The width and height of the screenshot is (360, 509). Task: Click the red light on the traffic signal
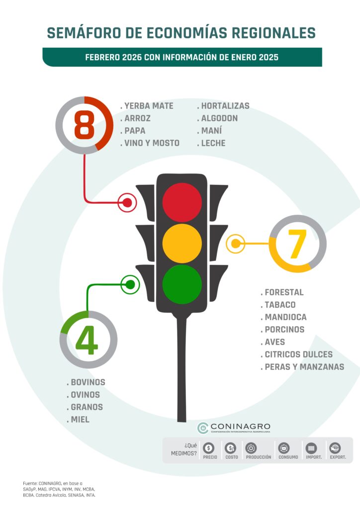182,202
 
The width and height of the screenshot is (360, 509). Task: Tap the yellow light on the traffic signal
182,243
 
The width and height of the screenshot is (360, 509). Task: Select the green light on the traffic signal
182,284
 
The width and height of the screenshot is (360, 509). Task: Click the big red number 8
85,125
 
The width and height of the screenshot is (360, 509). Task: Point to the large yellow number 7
297,244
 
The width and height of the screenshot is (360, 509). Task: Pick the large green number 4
87,340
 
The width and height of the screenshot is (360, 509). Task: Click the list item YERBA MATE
147,106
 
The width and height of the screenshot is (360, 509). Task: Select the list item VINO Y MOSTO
150,143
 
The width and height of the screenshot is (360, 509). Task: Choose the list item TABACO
278,305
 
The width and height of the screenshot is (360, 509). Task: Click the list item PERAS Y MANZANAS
302,367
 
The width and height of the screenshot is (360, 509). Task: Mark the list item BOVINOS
86,382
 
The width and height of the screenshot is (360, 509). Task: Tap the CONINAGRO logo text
240,426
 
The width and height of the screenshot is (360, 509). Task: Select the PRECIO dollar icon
208,448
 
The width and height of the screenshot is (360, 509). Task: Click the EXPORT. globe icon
335,448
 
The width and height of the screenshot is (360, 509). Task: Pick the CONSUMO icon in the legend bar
284,448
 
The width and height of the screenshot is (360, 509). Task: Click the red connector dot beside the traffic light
127,203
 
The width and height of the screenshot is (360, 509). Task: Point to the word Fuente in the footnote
30,483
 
